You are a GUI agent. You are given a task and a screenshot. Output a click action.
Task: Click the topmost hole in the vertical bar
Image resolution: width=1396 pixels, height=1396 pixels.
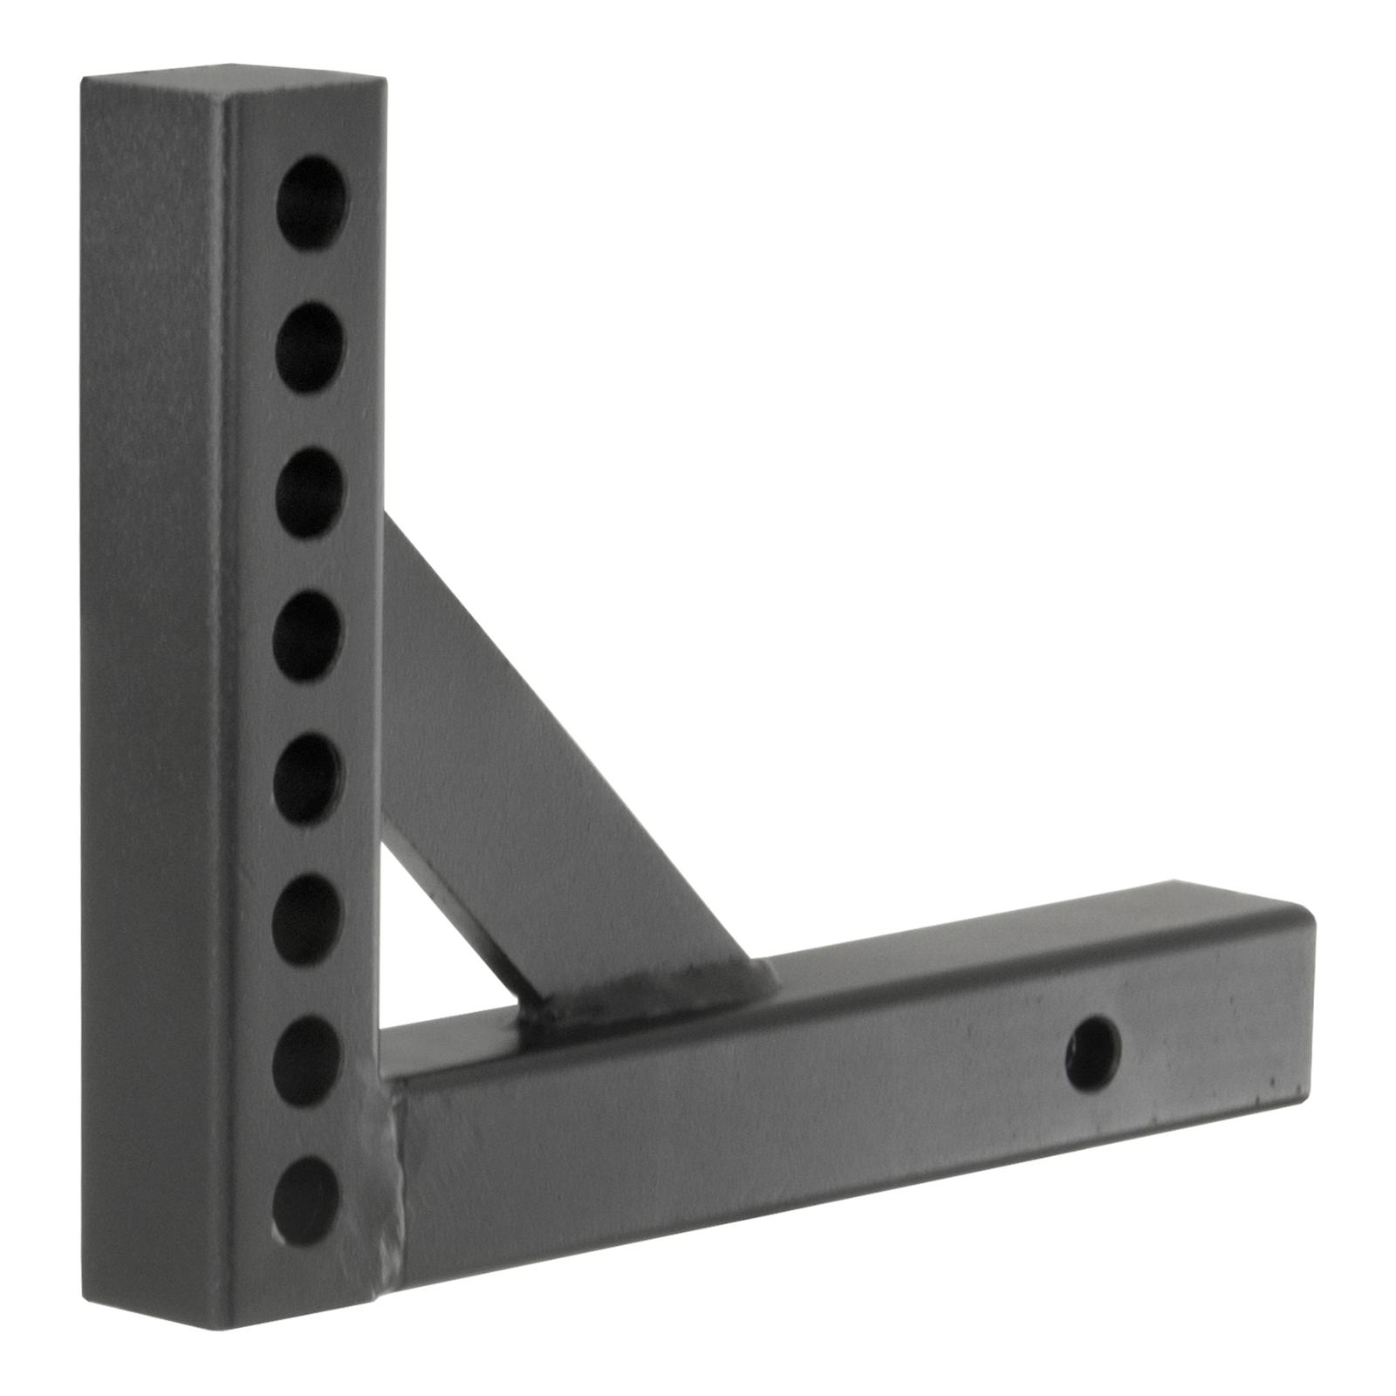311,202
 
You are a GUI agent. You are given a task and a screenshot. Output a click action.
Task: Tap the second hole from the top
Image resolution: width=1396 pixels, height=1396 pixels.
311,347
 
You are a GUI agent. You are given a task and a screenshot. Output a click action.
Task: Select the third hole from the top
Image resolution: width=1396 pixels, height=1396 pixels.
310,492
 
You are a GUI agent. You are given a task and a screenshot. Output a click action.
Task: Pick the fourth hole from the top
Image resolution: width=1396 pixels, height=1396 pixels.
307,636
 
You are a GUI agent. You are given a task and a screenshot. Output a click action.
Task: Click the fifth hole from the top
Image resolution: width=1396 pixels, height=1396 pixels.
307,779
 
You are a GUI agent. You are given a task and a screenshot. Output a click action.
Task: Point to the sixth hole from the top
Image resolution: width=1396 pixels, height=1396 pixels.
305,920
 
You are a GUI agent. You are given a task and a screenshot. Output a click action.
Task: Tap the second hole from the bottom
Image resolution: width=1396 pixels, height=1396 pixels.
305,1061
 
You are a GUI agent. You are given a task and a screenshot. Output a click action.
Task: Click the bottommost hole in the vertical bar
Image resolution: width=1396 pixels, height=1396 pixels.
305,1201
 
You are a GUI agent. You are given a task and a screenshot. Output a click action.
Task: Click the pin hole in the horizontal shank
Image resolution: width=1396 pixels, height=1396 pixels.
1092,1053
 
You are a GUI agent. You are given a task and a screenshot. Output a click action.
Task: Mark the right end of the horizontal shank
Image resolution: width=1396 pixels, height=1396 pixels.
1300,1003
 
